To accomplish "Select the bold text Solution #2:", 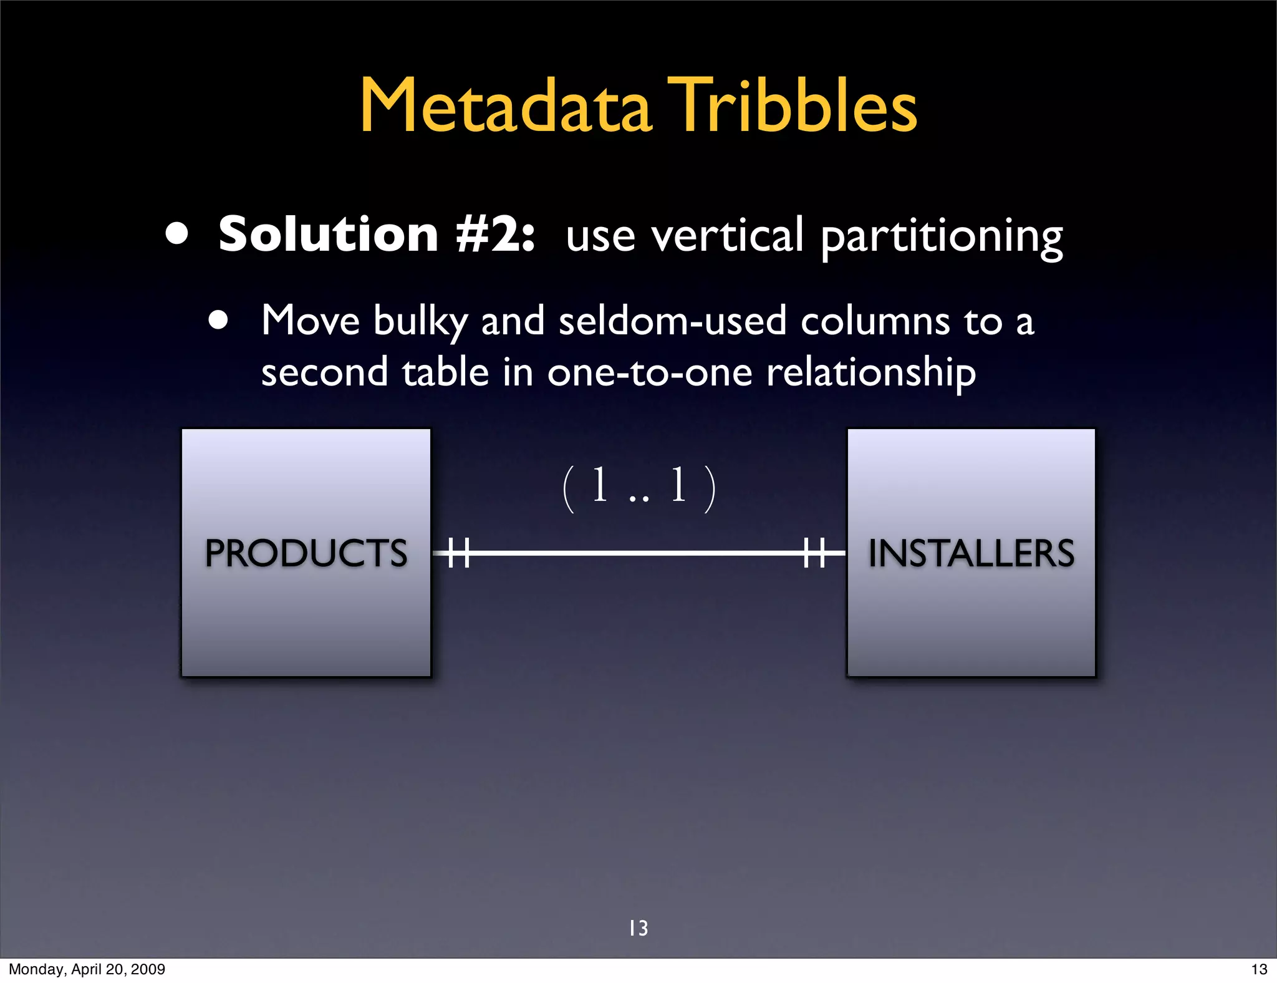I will click(x=377, y=235).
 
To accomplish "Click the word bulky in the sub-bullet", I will click(x=420, y=322).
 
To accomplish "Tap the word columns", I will click(x=875, y=322).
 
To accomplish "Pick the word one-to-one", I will click(x=650, y=372).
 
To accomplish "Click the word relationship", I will click(x=870, y=374).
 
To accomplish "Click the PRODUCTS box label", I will click(x=306, y=553).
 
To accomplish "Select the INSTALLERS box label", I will click(x=971, y=553).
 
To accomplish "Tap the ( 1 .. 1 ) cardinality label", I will click(x=639, y=487).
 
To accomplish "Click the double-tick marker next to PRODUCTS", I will click(x=459, y=553).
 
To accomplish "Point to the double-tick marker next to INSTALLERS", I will click(x=814, y=553).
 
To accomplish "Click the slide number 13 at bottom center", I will click(x=638, y=928).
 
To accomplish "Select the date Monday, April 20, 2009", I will click(x=87, y=969).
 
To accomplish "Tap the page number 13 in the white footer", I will click(x=1259, y=969).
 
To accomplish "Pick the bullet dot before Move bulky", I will click(x=218, y=321).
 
